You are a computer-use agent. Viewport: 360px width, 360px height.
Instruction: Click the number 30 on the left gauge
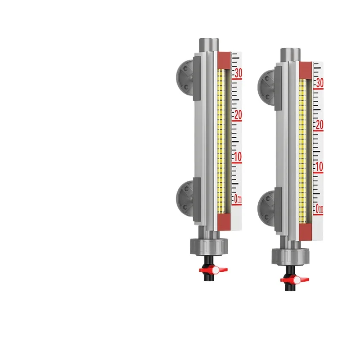[237, 72]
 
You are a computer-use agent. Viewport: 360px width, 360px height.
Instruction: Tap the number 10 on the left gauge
[237, 157]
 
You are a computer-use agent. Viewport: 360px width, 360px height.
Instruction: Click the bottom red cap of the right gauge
[305, 232]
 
